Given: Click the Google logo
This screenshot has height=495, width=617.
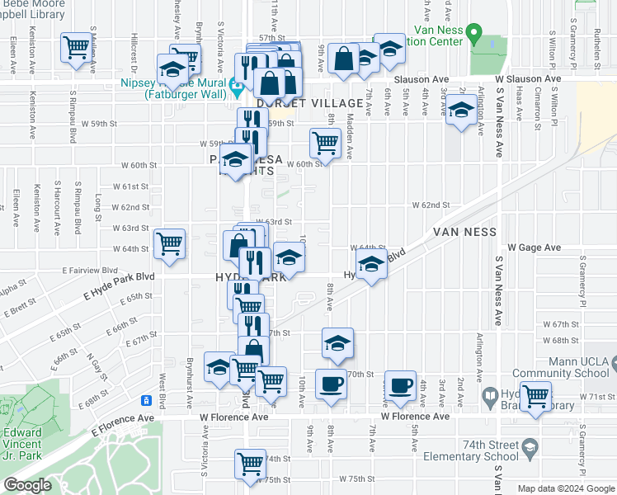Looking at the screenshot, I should click(x=27, y=486).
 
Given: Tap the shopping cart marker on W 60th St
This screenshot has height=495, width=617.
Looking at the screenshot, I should click(x=325, y=142).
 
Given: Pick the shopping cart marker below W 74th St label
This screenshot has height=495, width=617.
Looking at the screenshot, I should click(x=249, y=463).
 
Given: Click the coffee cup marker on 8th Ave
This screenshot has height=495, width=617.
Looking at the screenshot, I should click(x=332, y=384).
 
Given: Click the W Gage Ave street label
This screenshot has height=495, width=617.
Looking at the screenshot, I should click(x=534, y=247).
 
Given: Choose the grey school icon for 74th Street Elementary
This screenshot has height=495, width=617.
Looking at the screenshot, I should click(x=530, y=447).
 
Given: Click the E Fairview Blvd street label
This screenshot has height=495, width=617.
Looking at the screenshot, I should click(x=92, y=270).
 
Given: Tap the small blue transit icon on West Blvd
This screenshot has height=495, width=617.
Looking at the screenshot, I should click(x=146, y=401).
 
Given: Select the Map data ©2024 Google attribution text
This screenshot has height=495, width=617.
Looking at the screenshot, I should click(x=566, y=488).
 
